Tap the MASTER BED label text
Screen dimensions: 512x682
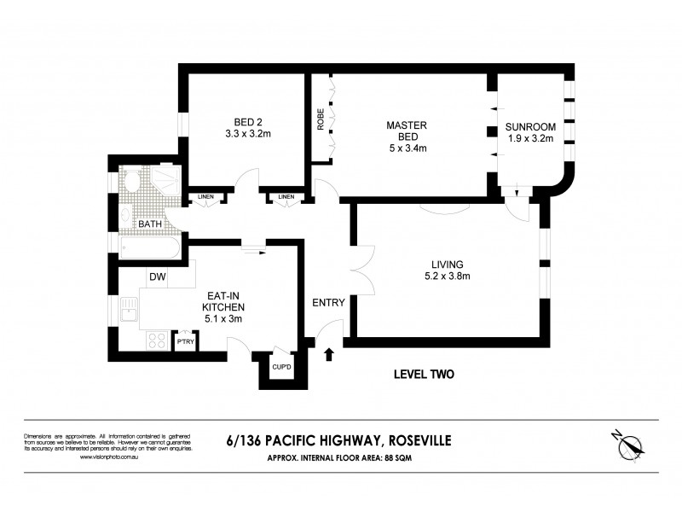[406, 126]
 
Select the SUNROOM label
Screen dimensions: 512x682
[530, 126]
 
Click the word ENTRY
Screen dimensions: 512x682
[328, 303]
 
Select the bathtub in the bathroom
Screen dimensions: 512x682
[149, 249]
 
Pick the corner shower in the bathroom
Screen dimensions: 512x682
[168, 180]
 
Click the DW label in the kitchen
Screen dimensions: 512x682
[156, 276]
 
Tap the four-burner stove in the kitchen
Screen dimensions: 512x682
[157, 340]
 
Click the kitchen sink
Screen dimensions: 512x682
[130, 311]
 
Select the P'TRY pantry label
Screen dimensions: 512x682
[185, 341]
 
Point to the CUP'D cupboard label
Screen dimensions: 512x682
[282, 367]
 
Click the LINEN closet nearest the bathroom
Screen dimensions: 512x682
[205, 198]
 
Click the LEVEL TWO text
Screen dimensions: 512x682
[424, 374]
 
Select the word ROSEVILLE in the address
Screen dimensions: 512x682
[419, 440]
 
